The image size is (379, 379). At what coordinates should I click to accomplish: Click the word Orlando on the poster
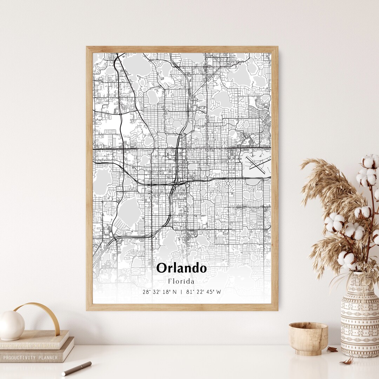181,268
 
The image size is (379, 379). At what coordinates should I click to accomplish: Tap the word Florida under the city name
181,281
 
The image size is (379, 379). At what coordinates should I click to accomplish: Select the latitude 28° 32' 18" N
160,292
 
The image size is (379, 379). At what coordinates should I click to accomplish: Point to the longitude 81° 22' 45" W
204,292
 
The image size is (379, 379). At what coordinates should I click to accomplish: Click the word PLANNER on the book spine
48,358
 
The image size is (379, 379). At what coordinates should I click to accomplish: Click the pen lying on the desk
77,368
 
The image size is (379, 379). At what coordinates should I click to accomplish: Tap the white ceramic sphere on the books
12,325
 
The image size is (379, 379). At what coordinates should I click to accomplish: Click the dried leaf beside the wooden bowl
332,349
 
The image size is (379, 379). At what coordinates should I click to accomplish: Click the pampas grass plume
323,189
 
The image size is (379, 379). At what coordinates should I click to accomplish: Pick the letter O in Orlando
162,268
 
